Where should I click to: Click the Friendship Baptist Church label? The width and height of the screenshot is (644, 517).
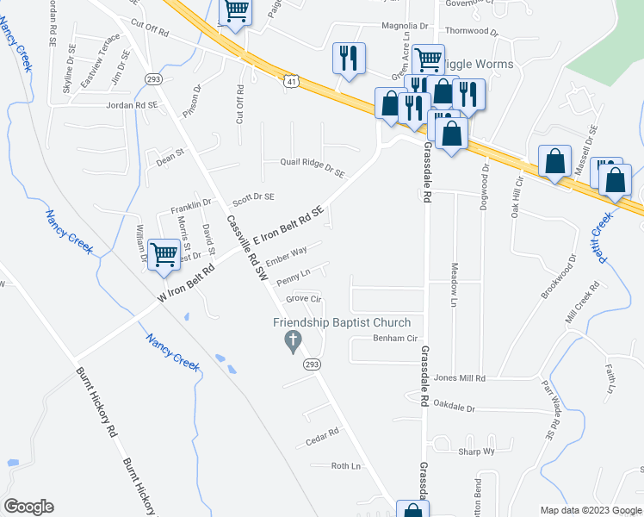point(342,322)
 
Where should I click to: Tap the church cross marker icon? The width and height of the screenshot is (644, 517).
point(292,342)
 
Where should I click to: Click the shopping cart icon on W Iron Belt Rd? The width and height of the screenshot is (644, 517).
point(164,254)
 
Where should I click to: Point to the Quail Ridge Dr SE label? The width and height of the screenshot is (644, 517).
point(313,163)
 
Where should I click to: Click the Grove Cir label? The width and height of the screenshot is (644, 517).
point(303,299)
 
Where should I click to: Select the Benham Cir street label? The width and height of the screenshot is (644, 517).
point(394,339)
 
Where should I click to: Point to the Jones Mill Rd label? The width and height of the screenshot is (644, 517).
point(460,378)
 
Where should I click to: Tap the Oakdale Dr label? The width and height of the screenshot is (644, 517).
point(454,403)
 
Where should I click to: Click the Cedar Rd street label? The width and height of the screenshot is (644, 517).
point(319,442)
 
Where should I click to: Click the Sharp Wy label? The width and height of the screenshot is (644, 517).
point(476,452)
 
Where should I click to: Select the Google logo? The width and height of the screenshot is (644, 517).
point(28,507)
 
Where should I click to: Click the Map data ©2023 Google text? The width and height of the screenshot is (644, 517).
point(590,510)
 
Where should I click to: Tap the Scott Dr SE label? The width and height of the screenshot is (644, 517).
point(253,197)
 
